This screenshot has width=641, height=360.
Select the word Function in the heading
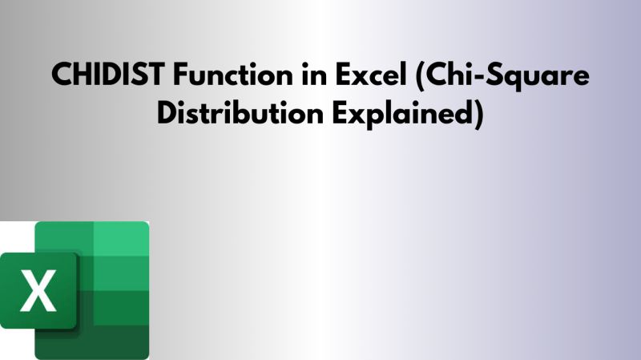click(x=222, y=76)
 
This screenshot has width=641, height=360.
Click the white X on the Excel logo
click(x=38, y=291)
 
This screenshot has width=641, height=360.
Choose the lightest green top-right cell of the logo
click(x=122, y=238)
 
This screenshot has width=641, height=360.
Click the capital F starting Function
click(x=179, y=76)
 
